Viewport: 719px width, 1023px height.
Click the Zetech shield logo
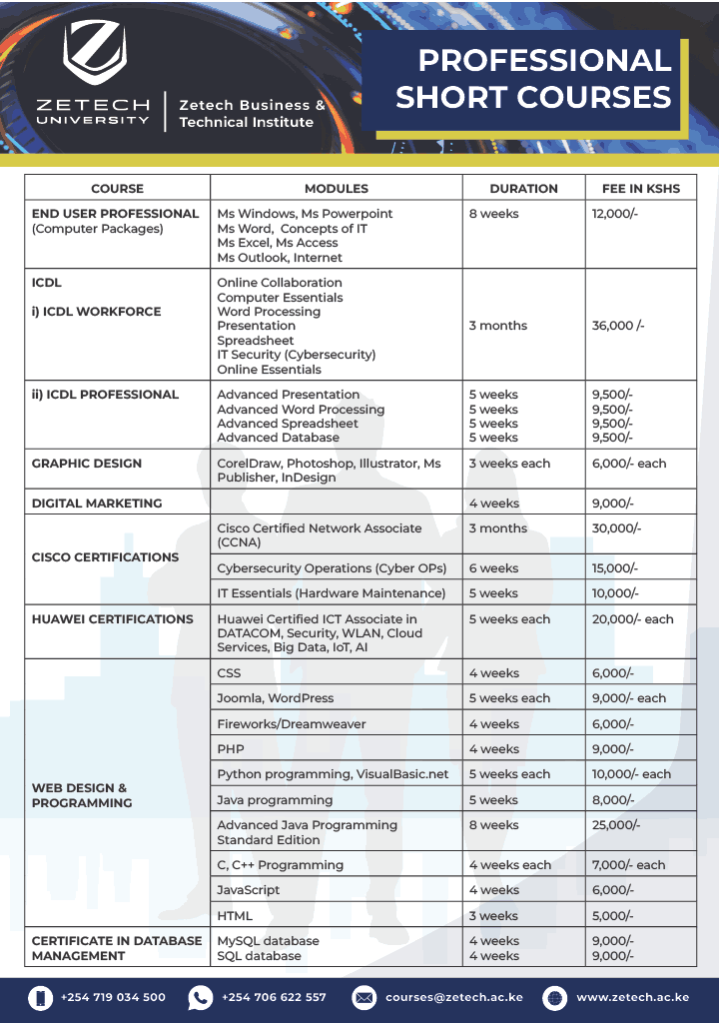95,54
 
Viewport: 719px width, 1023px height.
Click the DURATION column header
523,188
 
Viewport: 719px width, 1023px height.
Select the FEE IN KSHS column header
640,188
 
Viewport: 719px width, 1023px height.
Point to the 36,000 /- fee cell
618,326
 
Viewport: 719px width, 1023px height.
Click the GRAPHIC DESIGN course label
87,464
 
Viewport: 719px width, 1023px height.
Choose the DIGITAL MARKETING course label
97,504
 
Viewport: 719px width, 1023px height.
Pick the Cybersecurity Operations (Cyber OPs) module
332,568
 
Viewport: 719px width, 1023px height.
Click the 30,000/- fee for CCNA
617,528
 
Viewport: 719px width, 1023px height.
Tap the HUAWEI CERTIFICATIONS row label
113,619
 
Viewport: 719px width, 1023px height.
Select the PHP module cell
231,749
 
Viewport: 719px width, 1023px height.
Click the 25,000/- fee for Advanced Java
617,825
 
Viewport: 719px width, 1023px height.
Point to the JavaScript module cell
249,890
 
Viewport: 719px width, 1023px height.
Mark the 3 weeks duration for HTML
493,916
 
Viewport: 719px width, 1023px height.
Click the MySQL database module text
269,941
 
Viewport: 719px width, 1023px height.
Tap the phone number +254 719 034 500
113,997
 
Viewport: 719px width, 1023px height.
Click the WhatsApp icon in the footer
201,997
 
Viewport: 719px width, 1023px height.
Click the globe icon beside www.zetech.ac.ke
555,997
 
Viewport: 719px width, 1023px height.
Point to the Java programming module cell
275,800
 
